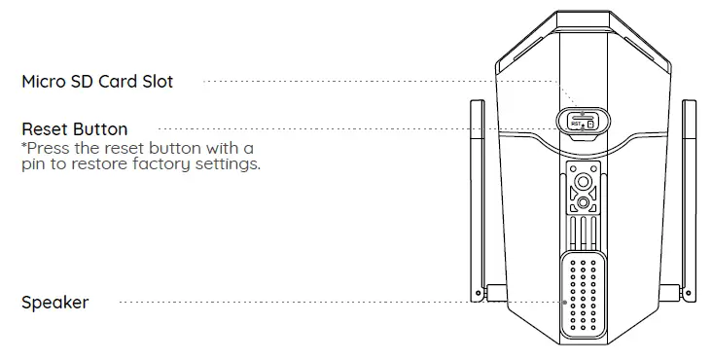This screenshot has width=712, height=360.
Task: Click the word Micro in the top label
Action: click(44, 82)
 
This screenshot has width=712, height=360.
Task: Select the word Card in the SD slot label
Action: click(118, 82)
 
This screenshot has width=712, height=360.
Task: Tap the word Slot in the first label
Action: click(157, 82)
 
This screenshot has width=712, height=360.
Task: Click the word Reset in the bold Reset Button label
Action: click(45, 128)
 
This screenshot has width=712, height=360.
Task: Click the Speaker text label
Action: click(54, 303)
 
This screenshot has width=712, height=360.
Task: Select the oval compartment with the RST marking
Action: click(582, 122)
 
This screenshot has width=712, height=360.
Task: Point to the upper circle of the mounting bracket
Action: click(583, 182)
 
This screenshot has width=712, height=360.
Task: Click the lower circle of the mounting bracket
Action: click(583, 202)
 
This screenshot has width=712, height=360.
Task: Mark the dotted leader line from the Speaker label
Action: click(340, 303)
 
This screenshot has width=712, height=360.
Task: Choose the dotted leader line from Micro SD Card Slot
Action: click(379, 82)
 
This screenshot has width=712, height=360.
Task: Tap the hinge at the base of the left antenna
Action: click(493, 291)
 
